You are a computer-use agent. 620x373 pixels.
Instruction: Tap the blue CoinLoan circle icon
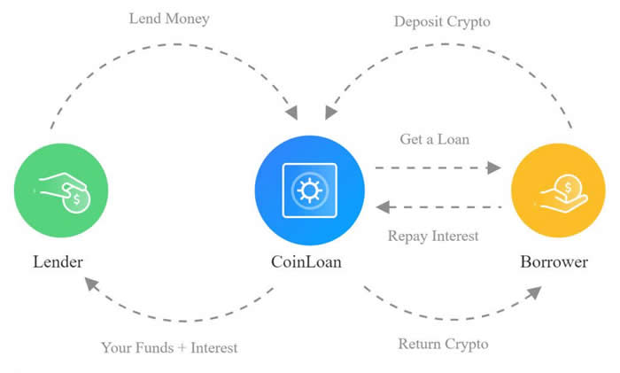coord(309,190)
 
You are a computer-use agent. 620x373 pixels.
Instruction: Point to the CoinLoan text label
coord(308,262)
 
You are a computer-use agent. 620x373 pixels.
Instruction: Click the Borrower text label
coord(556,262)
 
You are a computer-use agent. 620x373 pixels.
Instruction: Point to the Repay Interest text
coord(433,236)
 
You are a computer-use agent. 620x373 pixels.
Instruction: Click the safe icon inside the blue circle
coord(309,190)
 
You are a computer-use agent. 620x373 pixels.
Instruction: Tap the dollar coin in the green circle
coord(76,200)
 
